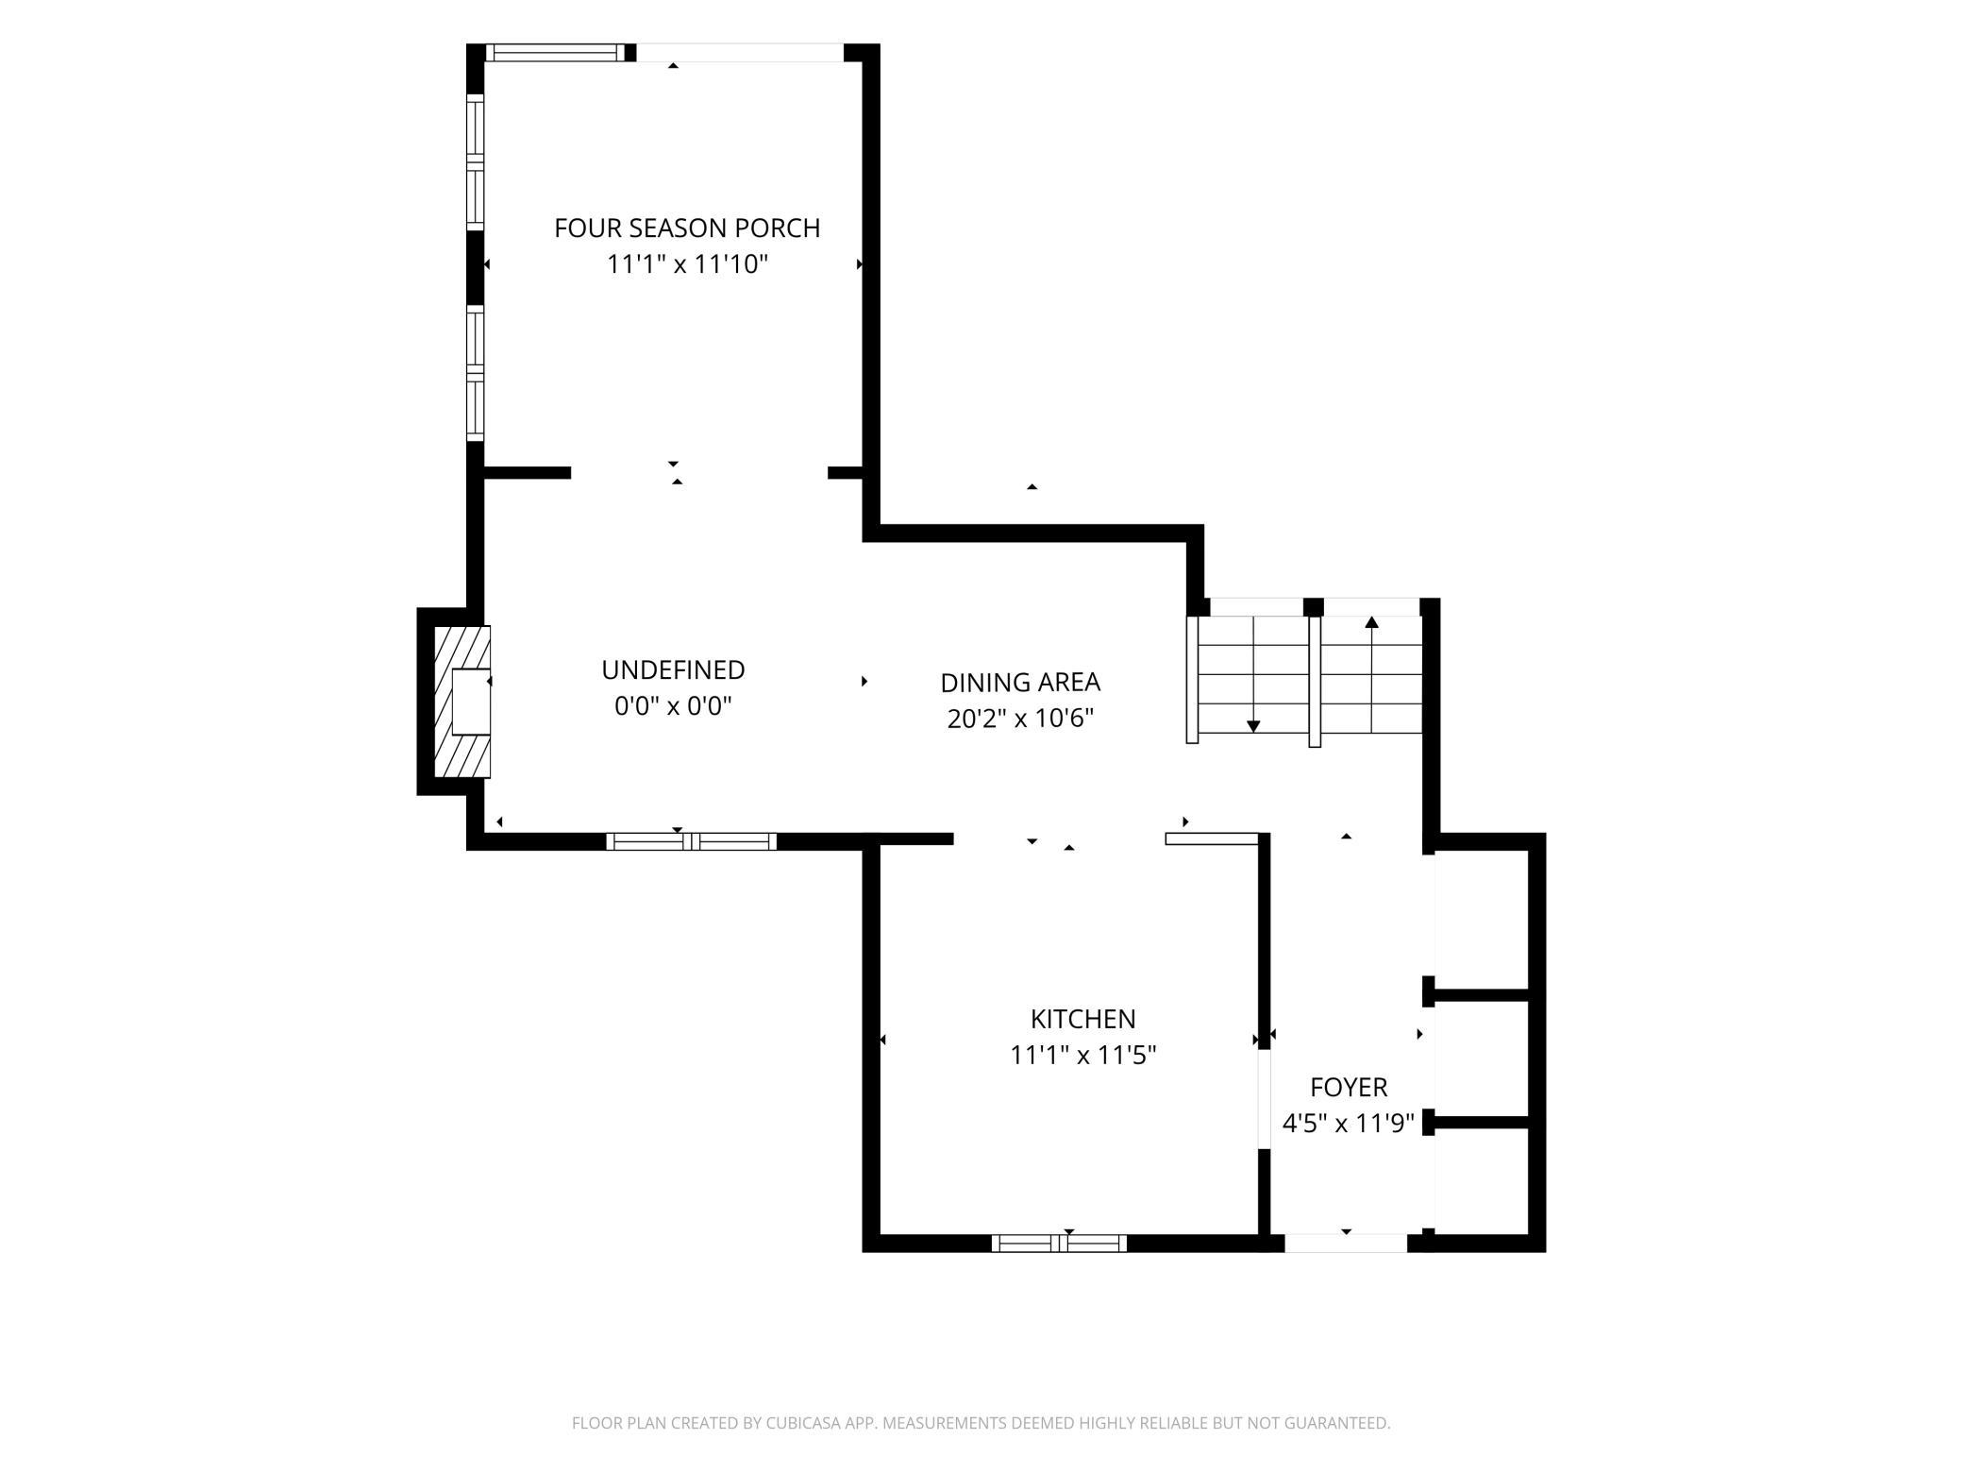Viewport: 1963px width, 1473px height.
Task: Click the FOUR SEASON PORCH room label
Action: (x=687, y=228)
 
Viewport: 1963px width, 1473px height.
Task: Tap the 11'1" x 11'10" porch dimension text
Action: (x=687, y=263)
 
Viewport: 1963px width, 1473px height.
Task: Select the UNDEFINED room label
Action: (x=673, y=669)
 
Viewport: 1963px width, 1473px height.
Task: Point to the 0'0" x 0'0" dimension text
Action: (x=673, y=705)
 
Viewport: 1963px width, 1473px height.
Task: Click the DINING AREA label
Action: (x=1020, y=682)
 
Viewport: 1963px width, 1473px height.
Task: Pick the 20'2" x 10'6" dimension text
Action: (x=1020, y=719)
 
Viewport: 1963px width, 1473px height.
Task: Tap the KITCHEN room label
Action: (x=1082, y=1019)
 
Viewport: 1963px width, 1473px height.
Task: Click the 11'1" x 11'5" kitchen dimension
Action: (x=1082, y=1055)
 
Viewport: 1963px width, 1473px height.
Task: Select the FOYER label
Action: (x=1349, y=1087)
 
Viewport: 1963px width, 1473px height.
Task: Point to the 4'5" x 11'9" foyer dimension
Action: (x=1349, y=1123)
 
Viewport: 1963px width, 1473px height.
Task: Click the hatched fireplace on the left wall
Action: (x=461, y=702)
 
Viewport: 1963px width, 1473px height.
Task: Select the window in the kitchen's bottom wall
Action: (x=1059, y=1243)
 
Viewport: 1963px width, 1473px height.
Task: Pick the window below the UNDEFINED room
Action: (x=691, y=841)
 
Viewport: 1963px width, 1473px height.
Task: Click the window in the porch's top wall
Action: (x=555, y=53)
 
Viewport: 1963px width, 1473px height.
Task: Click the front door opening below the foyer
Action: (x=1346, y=1243)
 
